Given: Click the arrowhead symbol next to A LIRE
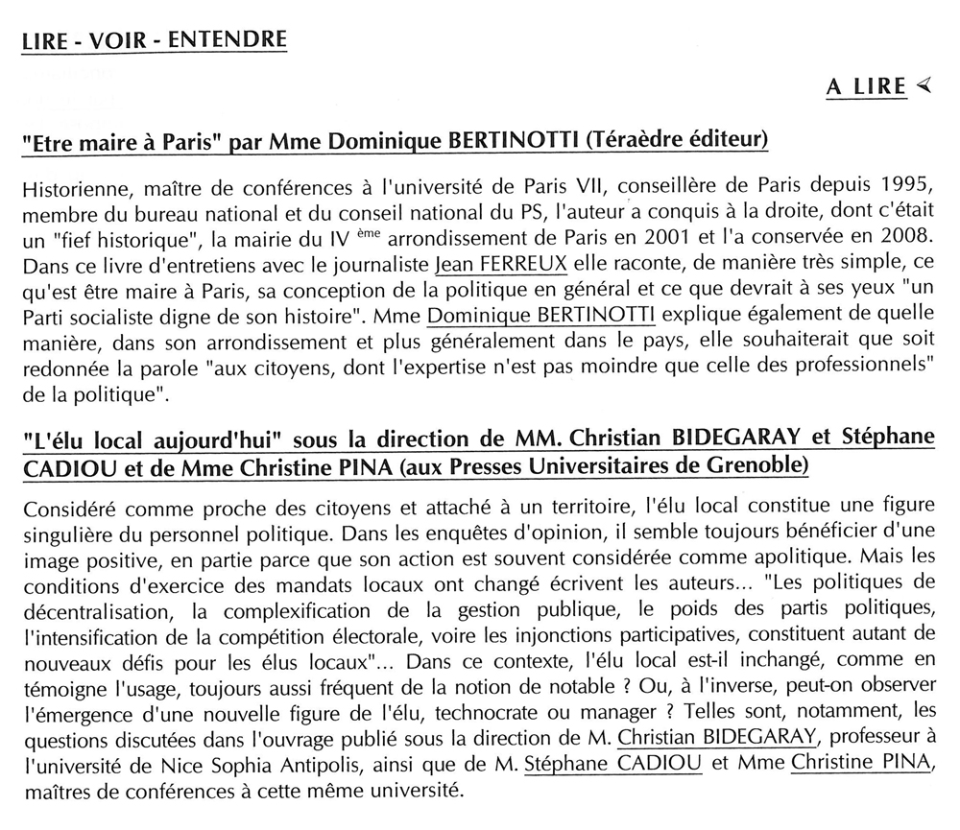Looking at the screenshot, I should [924, 86].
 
